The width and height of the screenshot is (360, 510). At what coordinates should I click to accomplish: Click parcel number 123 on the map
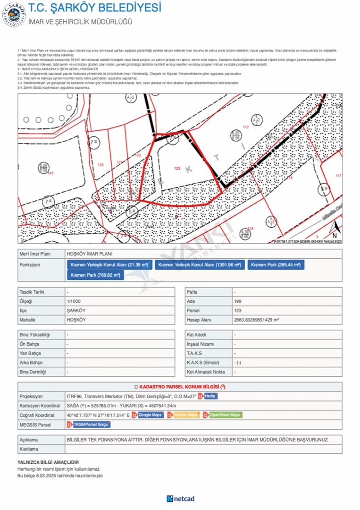point(177,168)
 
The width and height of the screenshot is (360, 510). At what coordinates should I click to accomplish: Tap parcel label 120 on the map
point(100,164)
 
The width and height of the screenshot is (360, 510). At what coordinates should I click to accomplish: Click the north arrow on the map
point(335,230)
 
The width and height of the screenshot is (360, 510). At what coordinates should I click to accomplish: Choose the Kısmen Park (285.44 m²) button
point(276,264)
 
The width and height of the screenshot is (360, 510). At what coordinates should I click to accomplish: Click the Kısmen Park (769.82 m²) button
point(95,275)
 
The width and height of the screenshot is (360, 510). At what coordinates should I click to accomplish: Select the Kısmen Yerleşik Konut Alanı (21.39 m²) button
point(109,264)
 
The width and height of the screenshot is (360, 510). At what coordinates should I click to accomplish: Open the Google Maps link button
point(150,415)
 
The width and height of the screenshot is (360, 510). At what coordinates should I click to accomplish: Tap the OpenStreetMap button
point(225,415)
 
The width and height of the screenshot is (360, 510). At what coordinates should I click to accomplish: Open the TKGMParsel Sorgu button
point(91,425)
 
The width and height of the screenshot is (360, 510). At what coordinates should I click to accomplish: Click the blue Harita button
point(210,396)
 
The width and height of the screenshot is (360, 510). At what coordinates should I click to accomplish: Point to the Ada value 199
point(238,301)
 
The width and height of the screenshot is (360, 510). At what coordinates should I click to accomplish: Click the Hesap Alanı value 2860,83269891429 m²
point(256,320)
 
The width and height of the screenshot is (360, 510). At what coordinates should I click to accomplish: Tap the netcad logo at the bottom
point(180,499)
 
